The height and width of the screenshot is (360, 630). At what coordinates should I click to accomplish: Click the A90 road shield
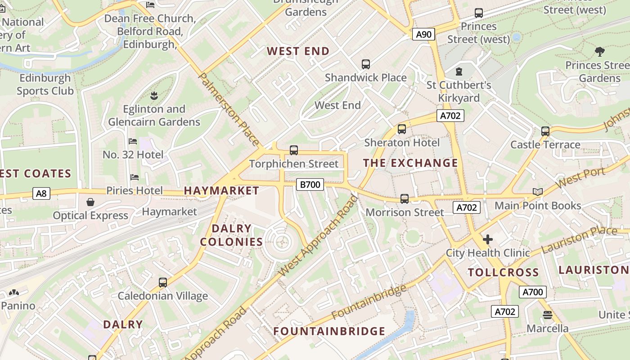click(423, 34)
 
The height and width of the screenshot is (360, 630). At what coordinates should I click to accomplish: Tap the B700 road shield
click(310, 184)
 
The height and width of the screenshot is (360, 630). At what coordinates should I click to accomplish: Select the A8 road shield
click(41, 194)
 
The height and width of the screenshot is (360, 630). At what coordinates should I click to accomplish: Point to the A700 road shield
click(533, 292)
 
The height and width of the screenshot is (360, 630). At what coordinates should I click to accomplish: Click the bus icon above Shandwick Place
click(366, 64)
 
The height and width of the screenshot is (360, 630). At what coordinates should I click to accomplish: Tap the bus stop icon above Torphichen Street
click(294, 150)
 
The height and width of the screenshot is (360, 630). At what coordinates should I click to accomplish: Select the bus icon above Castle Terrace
click(545, 131)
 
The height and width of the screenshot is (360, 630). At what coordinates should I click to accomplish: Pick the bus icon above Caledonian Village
click(163, 283)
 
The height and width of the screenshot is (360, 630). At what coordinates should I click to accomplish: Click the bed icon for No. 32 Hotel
click(133, 141)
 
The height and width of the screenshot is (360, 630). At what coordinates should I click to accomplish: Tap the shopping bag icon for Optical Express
click(90, 202)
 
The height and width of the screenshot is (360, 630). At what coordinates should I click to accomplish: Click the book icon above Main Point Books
click(537, 192)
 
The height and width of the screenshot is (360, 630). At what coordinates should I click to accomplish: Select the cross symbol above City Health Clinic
click(488, 239)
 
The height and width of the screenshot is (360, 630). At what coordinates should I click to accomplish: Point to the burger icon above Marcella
click(548, 315)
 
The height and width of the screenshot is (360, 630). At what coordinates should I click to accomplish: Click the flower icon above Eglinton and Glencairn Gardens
click(154, 95)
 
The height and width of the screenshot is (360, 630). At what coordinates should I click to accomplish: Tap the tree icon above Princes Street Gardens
click(599, 52)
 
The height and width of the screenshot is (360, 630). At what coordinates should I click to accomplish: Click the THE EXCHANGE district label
click(410, 163)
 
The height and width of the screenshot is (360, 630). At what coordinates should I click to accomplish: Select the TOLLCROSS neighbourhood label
click(503, 272)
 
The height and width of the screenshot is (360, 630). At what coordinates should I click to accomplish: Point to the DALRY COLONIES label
click(231, 235)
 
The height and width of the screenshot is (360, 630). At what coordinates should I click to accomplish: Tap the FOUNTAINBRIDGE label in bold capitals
click(329, 332)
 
